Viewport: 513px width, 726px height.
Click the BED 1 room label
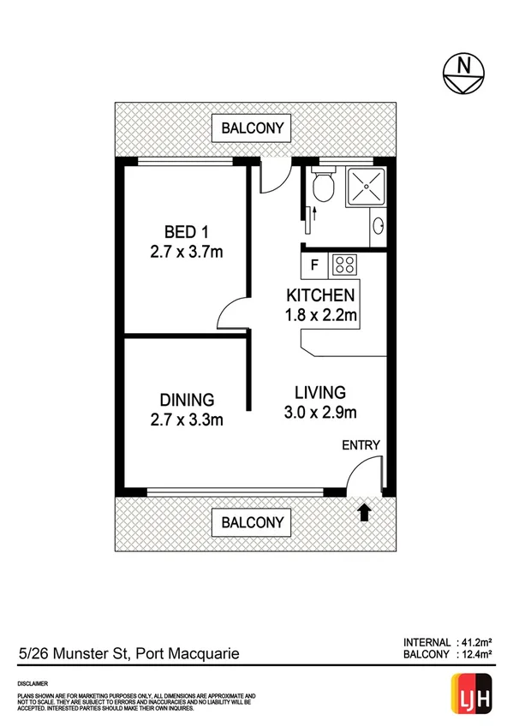(x=187, y=232)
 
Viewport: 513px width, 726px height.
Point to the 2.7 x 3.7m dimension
(x=186, y=252)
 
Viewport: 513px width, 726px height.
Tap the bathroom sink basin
(x=379, y=229)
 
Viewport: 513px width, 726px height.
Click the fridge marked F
(x=314, y=264)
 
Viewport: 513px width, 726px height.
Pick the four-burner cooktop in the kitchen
(x=344, y=265)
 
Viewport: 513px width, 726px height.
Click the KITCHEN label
(x=320, y=296)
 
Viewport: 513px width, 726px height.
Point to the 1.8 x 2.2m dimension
(x=320, y=316)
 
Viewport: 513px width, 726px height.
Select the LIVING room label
(x=319, y=393)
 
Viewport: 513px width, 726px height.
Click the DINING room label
(x=187, y=399)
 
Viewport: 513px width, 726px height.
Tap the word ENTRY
(x=361, y=445)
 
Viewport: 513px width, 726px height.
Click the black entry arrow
(x=363, y=512)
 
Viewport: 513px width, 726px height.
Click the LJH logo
(x=468, y=690)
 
